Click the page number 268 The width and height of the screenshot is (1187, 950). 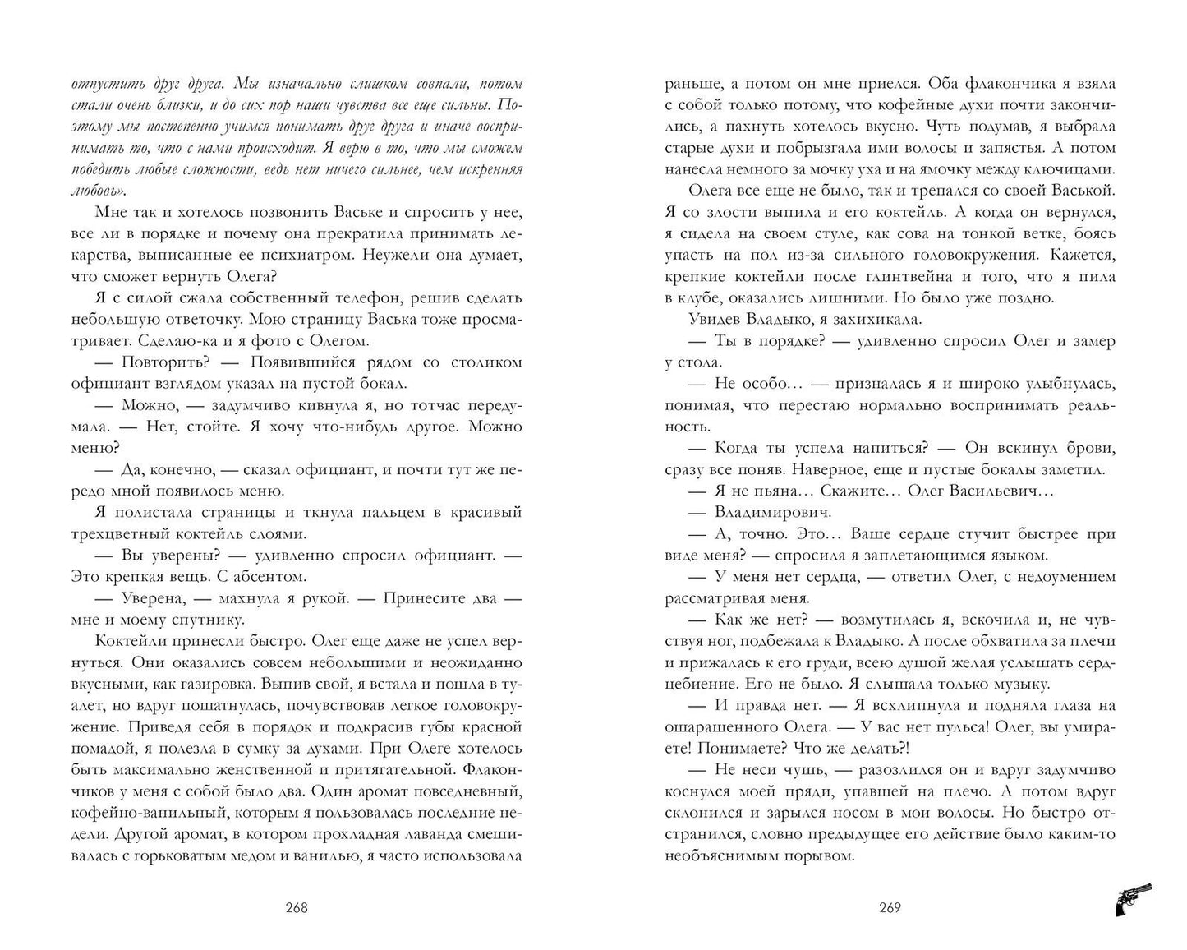[x=296, y=908]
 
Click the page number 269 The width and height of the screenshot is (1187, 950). [x=890, y=908]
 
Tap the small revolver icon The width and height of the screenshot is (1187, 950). [x=1133, y=899]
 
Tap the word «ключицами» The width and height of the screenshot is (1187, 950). [x=1074, y=169]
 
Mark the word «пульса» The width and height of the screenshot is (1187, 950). [x=953, y=726]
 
